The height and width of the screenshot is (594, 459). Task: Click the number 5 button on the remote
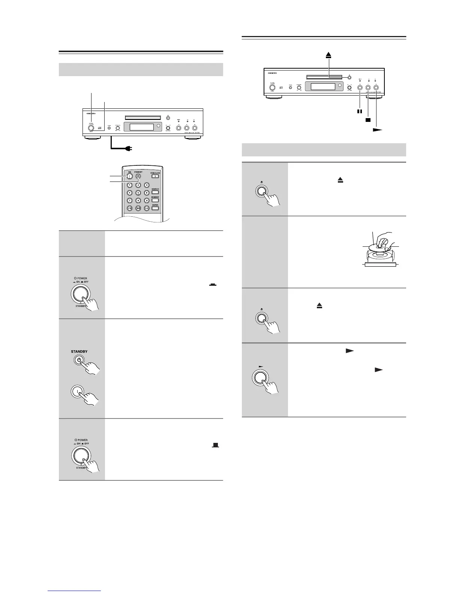pyautogui.click(x=138, y=193)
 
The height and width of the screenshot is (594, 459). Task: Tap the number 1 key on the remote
pyautogui.click(x=130, y=185)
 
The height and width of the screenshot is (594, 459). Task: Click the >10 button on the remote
pyautogui.click(x=130, y=208)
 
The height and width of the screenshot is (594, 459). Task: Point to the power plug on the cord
pyautogui.click(x=131, y=148)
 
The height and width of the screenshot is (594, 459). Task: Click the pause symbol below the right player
pyautogui.click(x=360, y=111)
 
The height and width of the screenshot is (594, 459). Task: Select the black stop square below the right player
pyautogui.click(x=368, y=120)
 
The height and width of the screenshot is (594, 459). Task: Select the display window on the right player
pyautogui.click(x=323, y=86)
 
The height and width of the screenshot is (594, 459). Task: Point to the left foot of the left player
pyautogui.click(x=92, y=137)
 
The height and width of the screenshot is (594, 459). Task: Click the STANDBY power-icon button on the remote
pyautogui.click(x=138, y=177)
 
